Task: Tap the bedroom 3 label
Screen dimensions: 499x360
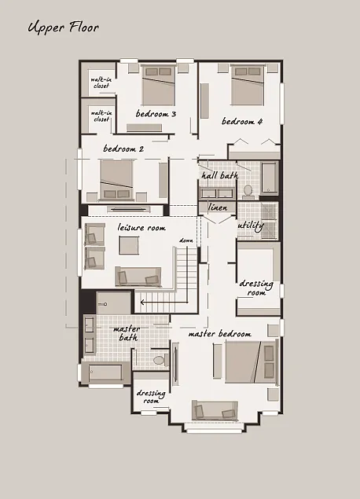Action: coord(156,114)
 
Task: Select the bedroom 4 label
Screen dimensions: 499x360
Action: coord(241,122)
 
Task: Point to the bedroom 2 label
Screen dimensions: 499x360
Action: coord(123,148)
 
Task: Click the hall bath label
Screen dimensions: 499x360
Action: coord(219,176)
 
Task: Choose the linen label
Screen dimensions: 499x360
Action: coord(217,207)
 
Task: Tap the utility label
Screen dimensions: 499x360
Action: coord(250,226)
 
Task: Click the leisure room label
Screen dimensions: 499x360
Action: coord(141,228)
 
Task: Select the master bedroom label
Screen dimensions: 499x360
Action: coord(219,333)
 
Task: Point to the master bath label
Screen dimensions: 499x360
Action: coord(127,333)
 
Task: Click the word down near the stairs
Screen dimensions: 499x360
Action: coord(186,240)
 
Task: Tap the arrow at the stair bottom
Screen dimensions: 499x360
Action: coord(144,301)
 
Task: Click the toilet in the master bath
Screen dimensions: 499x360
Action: coord(159,359)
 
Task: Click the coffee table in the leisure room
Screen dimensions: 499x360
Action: coord(130,245)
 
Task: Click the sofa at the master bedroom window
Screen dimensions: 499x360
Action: coord(215,409)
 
